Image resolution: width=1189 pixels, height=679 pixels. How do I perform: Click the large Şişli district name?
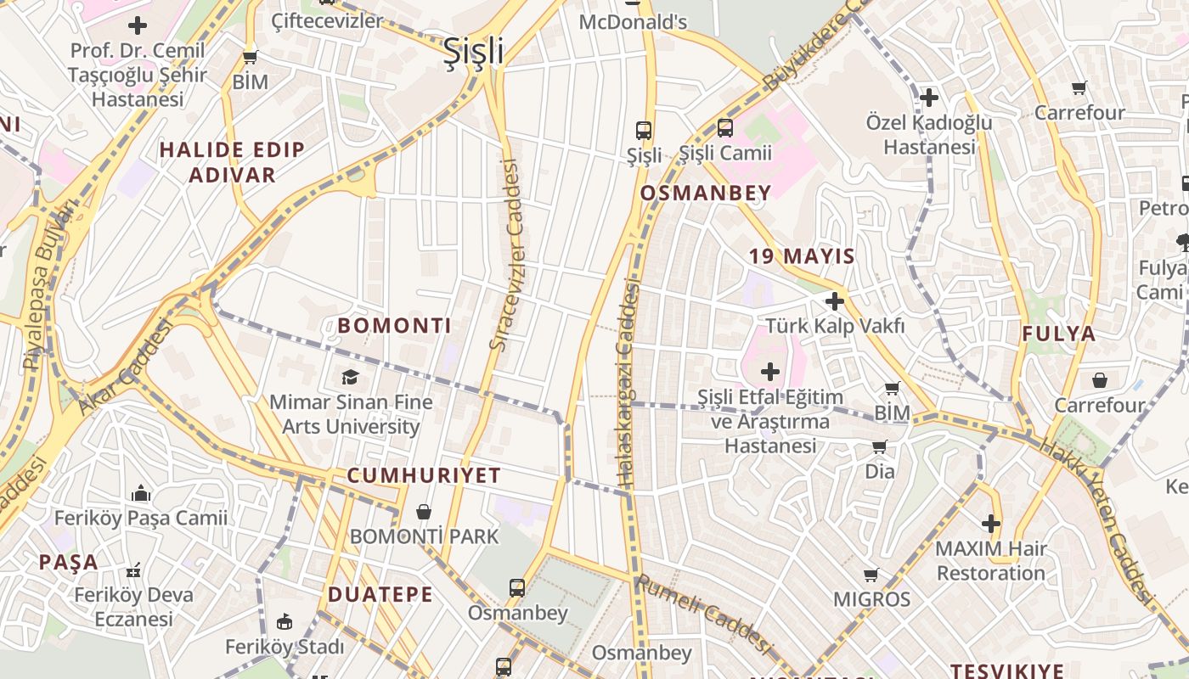pos(473,51)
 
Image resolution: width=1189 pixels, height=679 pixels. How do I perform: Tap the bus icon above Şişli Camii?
pos(724,128)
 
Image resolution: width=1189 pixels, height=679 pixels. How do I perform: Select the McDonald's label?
pos(633,22)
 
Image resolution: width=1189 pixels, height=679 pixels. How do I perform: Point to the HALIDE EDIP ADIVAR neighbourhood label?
pos(232,162)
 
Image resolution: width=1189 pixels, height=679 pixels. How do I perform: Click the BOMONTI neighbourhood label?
pos(394,325)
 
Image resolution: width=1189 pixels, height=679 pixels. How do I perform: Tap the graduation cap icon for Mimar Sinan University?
pos(349,377)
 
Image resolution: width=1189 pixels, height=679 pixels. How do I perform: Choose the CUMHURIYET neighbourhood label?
pos(424,475)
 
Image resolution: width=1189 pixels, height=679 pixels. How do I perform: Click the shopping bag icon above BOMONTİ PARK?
pos(423,512)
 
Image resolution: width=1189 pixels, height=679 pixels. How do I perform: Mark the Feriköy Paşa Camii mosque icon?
pos(141,493)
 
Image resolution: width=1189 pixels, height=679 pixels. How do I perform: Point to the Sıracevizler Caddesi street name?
pos(504,255)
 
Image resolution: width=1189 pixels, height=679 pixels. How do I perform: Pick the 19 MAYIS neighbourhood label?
pos(802,255)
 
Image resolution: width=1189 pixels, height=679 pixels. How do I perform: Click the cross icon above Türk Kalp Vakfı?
pos(834,300)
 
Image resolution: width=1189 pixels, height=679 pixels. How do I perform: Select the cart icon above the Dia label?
pos(879,446)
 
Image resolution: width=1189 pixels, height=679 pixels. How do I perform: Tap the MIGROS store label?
pos(871,599)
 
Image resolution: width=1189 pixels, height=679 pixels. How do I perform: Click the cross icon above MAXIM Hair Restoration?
pos(990,523)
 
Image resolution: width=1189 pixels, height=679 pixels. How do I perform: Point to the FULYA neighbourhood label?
pos(1058,334)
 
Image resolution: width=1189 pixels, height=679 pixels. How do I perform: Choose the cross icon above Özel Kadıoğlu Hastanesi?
pos(929,98)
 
